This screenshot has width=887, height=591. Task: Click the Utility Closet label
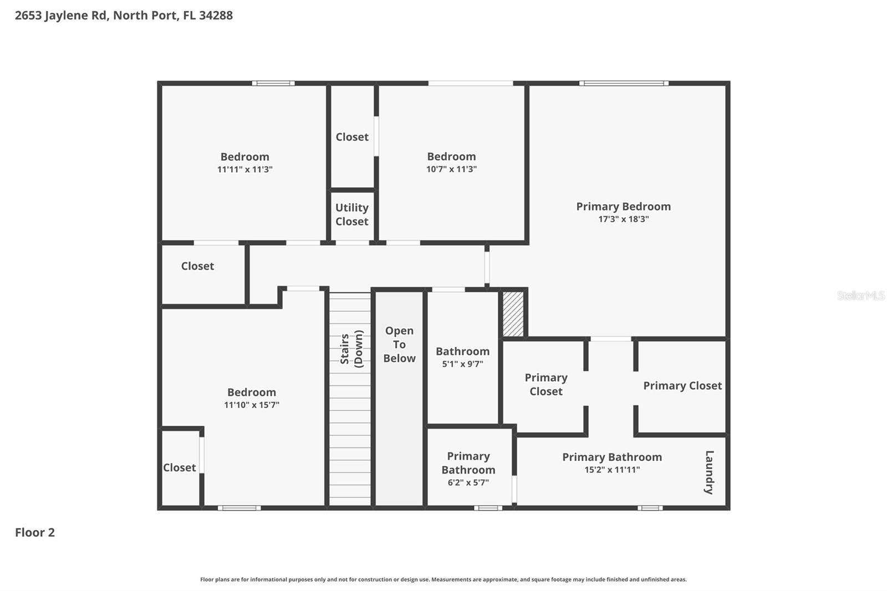point(351,215)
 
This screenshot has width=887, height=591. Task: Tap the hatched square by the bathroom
point(513,314)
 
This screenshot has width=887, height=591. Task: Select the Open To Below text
point(399,344)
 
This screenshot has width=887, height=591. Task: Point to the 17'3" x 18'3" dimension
point(623,219)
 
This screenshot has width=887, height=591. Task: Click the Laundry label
point(709,472)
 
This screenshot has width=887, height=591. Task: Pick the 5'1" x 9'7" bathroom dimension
point(462,364)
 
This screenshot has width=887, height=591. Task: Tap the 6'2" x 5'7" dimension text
point(468,482)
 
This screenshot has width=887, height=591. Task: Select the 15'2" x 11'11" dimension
point(612,470)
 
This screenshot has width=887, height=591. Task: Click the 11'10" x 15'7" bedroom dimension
point(251,405)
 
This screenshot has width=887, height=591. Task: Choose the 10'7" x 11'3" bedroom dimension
point(451,169)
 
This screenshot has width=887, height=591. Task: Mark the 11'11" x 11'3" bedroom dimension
point(244,169)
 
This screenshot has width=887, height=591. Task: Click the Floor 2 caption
point(35,532)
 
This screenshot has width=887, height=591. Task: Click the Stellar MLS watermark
point(860,295)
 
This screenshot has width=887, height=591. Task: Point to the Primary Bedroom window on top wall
point(624,84)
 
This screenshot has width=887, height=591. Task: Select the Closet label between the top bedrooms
point(351,137)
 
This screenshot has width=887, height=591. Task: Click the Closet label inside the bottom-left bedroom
point(179,467)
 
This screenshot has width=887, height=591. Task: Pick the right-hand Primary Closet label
point(682,386)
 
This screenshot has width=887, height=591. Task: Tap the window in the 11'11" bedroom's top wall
point(273,84)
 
